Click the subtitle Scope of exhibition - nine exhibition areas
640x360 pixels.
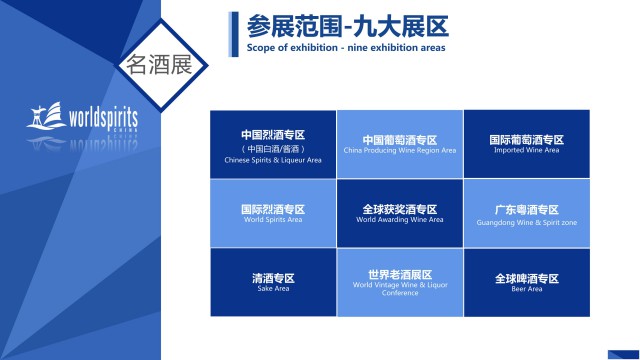[345, 47]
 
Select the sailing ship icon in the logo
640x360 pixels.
[46, 117]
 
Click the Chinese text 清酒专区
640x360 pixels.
[273, 278]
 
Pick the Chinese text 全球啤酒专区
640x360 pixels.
[526, 278]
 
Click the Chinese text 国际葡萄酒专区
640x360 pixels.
[526, 140]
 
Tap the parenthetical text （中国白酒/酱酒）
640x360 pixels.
[273, 149]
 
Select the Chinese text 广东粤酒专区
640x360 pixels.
[526, 209]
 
